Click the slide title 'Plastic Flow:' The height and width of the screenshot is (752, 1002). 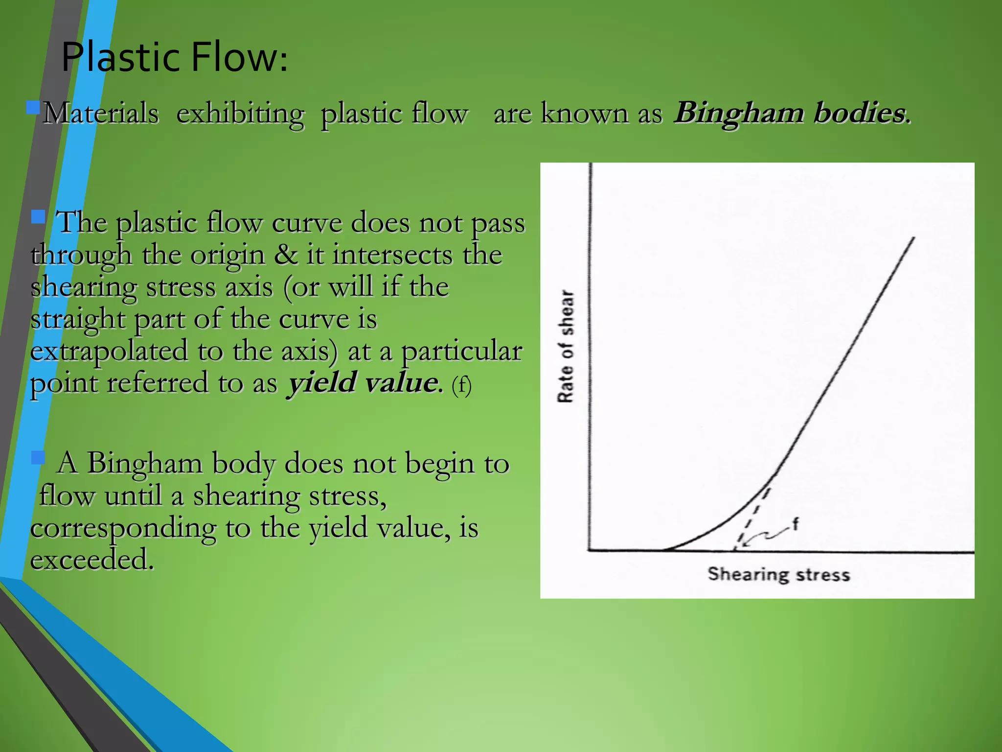174,57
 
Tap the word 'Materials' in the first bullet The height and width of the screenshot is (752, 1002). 101,114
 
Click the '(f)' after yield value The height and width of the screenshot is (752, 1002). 461,385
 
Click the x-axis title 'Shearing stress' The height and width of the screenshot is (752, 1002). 778,574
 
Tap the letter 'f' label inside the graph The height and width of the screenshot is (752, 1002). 795,524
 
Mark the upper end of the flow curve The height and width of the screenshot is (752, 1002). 913,238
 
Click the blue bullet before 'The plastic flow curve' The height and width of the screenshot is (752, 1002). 38,216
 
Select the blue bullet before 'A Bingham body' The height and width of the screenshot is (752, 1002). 38,458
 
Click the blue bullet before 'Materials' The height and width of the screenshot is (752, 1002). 33,107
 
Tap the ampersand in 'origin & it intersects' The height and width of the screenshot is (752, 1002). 285,255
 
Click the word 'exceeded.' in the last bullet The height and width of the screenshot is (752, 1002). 92,559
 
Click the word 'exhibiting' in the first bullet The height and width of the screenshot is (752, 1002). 240,114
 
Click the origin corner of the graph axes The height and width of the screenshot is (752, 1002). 589,550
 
